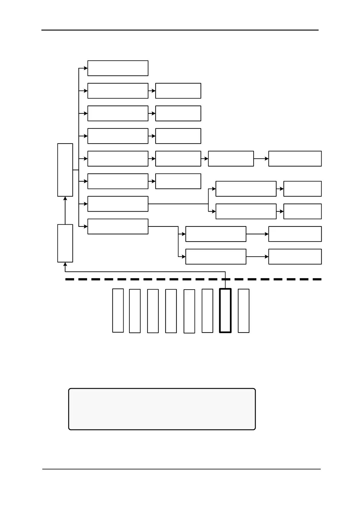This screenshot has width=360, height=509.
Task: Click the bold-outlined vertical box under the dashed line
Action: (x=225, y=310)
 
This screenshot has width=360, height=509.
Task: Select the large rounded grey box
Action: (x=162, y=409)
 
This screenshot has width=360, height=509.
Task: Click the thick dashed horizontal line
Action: (x=193, y=279)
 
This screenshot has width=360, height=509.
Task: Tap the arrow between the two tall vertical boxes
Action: (x=65, y=210)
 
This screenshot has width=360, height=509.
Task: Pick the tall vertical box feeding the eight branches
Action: (x=65, y=170)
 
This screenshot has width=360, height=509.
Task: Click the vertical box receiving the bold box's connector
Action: (x=65, y=243)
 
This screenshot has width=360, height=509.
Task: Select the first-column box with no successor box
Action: (x=118, y=68)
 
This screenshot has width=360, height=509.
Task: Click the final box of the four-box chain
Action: (x=295, y=159)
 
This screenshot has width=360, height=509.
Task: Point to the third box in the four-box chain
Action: (x=231, y=159)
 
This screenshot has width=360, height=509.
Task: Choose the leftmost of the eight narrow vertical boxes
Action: (x=118, y=310)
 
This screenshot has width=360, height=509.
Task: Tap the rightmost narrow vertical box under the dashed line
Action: (x=244, y=311)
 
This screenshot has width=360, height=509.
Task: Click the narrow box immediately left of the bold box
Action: (x=207, y=311)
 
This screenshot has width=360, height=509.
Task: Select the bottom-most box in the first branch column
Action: (x=118, y=226)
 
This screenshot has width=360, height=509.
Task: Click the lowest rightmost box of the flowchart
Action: (x=295, y=257)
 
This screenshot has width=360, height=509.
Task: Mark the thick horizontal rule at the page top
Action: (x=180, y=30)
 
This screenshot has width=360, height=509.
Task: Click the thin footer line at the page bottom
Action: (x=181, y=469)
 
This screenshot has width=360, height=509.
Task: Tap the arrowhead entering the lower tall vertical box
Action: (x=65, y=264)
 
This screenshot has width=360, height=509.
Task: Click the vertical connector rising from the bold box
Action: (x=225, y=280)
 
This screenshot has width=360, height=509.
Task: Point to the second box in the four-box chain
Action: (x=178, y=159)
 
